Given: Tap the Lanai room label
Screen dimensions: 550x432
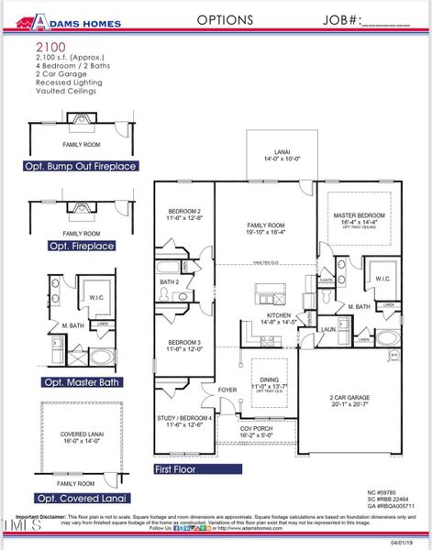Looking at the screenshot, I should point(280,154).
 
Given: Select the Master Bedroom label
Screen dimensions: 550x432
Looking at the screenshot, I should point(359,216).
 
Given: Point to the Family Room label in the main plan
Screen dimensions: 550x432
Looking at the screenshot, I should point(266,227).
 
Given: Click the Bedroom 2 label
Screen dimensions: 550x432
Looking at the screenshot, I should point(184,214).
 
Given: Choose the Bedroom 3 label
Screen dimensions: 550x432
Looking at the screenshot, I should point(184,346).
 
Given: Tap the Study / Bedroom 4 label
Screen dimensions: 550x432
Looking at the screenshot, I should point(183,421).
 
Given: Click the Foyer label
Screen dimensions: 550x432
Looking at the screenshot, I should point(227,390).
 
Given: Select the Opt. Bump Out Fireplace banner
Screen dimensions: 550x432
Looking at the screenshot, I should point(82,167).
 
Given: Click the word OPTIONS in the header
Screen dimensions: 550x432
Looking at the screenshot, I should point(225,19).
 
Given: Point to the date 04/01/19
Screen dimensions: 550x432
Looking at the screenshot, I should point(401,541).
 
